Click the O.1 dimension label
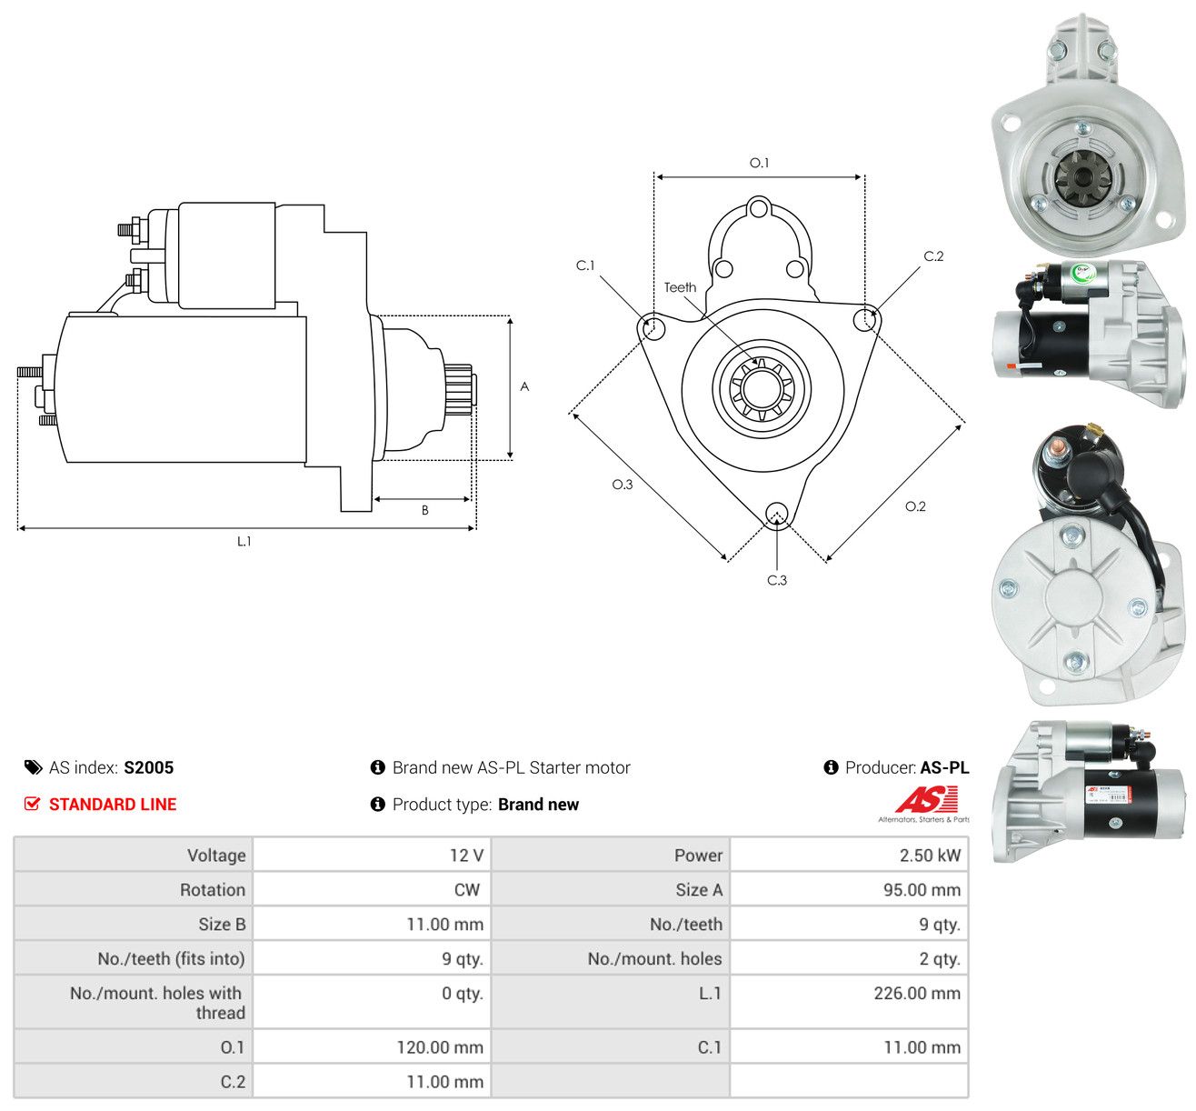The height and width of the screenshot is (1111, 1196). [x=759, y=163]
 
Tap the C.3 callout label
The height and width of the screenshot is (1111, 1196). [x=776, y=580]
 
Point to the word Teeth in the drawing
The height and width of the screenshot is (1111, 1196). [x=680, y=288]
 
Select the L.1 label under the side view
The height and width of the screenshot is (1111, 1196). [x=244, y=542]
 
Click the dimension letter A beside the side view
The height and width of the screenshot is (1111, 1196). [x=524, y=386]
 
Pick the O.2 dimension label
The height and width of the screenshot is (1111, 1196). [x=915, y=506]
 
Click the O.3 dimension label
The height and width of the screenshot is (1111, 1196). [x=623, y=485]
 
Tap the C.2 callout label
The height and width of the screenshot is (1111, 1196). [x=933, y=256]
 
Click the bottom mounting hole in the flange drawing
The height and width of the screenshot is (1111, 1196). [x=777, y=514]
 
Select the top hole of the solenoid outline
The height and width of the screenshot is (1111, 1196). [x=760, y=210]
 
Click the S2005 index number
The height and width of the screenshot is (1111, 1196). [x=149, y=767]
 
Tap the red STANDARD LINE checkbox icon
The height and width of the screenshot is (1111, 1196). [x=32, y=804]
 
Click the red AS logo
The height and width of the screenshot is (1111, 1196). [x=925, y=799]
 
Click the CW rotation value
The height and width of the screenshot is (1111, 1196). [x=467, y=890]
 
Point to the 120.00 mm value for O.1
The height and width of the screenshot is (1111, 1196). [x=440, y=1047]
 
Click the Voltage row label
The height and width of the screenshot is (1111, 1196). [x=216, y=856]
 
